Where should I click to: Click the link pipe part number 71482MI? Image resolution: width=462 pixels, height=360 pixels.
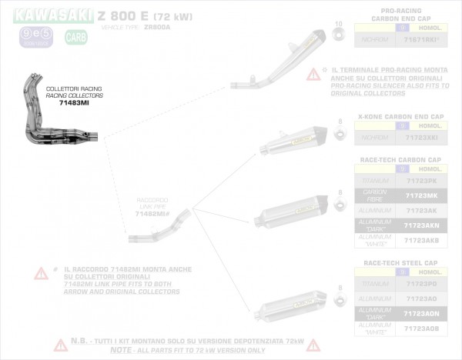pos(151,215)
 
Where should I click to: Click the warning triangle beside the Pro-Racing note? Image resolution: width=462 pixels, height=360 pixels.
pos(313,75)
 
